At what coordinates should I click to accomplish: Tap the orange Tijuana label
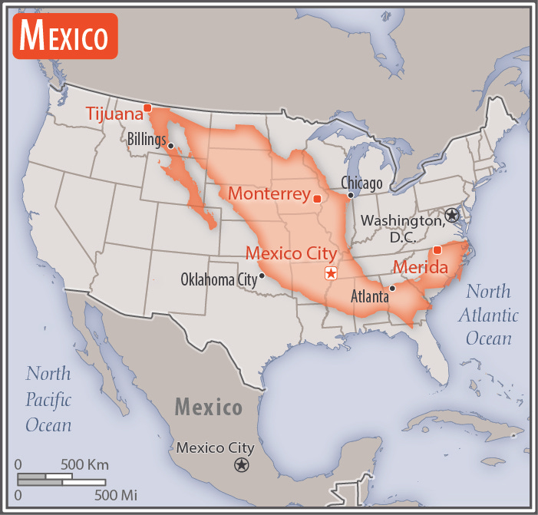(x=114, y=114)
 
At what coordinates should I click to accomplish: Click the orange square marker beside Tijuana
(x=147, y=107)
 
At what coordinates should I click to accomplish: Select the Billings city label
(x=146, y=139)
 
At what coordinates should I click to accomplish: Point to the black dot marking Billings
(x=171, y=146)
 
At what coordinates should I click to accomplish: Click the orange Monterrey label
(x=269, y=193)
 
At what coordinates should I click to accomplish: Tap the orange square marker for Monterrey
(x=316, y=199)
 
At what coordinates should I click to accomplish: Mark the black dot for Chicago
(x=350, y=195)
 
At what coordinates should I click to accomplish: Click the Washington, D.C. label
(x=402, y=228)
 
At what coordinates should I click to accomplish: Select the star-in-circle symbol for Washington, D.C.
(x=452, y=216)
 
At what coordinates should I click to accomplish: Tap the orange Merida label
(x=420, y=267)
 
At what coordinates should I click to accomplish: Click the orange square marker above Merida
(x=437, y=250)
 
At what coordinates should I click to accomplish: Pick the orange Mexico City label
(x=290, y=253)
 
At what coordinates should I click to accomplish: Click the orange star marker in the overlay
(x=331, y=274)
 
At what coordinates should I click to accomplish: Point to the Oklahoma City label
(x=218, y=279)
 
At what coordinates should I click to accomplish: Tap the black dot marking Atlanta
(x=392, y=289)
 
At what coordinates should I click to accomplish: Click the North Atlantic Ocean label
(x=488, y=315)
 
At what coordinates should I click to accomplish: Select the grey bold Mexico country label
(x=208, y=407)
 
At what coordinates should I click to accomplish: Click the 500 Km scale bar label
(x=84, y=464)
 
